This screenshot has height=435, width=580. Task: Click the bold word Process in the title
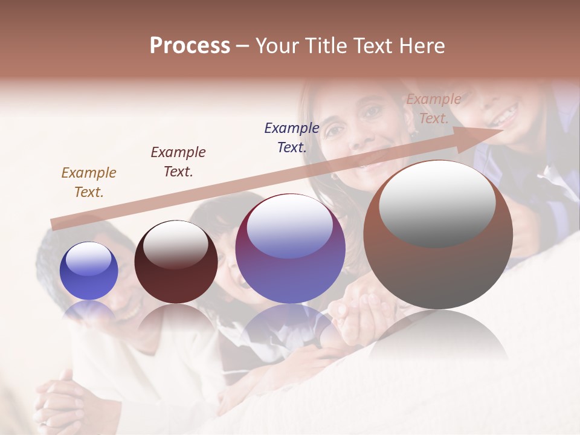point(190,46)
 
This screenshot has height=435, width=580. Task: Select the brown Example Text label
point(89,182)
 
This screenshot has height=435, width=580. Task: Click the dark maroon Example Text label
point(178,162)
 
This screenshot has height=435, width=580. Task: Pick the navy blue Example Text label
point(292,138)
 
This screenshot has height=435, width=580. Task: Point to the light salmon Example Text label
point(433,109)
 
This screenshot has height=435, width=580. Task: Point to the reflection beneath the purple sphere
point(290,326)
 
